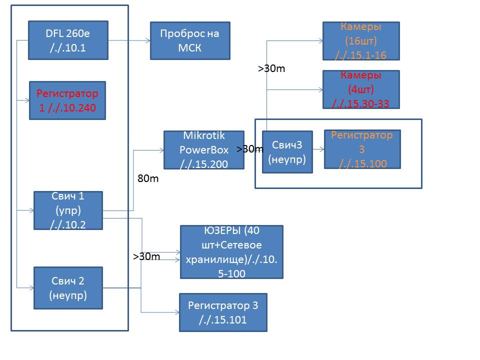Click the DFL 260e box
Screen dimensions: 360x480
(68, 40)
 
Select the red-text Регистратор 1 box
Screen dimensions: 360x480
(67, 100)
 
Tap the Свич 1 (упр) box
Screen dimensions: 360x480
(68, 210)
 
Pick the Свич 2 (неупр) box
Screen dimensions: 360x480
(68, 288)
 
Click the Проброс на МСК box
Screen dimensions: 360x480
(190, 40)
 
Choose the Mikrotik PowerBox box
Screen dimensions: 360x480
(204, 150)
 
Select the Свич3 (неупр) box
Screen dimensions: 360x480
(287, 152)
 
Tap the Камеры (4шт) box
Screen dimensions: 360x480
(361, 89)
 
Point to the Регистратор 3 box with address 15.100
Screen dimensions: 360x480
(362, 149)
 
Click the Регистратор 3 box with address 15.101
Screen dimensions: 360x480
(223, 312)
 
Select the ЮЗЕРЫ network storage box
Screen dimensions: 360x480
(231, 251)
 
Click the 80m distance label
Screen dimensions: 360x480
(147, 178)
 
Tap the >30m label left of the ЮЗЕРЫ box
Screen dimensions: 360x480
(146, 256)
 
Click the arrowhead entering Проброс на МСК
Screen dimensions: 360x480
(147, 40)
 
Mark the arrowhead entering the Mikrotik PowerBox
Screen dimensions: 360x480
(161, 149)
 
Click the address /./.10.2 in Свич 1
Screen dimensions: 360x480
(68, 225)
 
